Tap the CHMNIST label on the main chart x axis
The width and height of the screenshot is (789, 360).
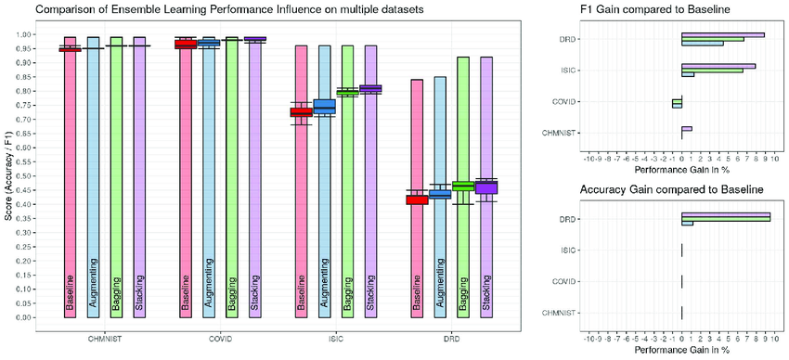click(104, 340)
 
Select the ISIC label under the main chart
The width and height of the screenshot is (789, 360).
click(335, 340)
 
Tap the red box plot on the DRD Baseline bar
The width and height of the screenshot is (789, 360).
click(418, 199)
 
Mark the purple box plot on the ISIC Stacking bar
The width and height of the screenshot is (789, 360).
click(370, 89)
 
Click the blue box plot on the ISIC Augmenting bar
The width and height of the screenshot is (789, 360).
click(324, 106)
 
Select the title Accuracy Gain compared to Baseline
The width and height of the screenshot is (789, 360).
click(655, 188)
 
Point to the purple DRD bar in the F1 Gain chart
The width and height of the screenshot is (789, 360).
click(723, 35)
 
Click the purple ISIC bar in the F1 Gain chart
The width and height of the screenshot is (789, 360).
click(718, 66)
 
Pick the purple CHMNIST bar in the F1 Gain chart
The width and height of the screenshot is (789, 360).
click(687, 128)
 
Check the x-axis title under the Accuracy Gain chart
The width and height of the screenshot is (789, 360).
click(681, 351)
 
